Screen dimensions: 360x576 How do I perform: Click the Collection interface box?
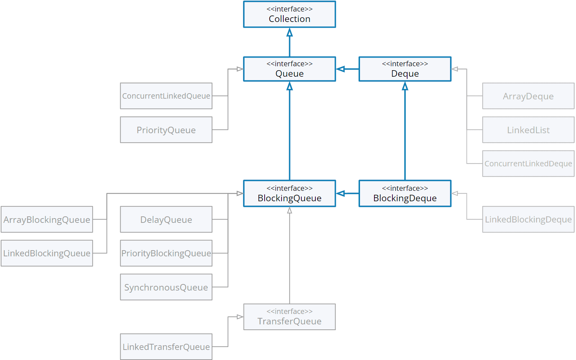289,14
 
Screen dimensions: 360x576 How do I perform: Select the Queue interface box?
289,69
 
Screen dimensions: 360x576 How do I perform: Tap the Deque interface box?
405,69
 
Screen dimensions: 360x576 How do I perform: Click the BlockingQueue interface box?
289,194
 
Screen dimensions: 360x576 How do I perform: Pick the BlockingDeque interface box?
405,194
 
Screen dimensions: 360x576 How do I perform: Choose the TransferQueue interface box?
289,317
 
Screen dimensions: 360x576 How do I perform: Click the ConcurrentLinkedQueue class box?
166,96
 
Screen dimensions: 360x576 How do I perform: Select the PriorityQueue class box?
166,130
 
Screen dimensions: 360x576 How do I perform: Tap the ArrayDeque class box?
528,96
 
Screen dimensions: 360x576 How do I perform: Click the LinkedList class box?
528,130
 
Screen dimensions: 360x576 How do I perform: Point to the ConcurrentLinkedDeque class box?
528,163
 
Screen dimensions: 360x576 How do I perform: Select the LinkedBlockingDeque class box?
528,219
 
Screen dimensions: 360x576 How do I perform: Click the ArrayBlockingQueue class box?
47,219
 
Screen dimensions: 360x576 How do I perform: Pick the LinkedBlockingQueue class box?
47,253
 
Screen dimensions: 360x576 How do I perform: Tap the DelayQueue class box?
166,219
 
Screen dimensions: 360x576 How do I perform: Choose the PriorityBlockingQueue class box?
166,253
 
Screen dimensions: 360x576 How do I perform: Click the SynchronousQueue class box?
166,287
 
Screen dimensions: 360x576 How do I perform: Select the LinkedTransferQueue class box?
166,347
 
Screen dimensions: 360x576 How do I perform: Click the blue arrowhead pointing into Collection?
289,33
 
